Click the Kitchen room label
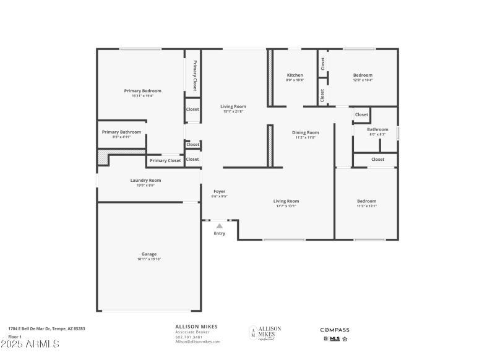click(295, 75)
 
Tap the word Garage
click(149, 254)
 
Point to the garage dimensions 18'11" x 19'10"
click(149, 260)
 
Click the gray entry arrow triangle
click(219, 226)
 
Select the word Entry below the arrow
click(220, 234)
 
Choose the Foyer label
click(220, 191)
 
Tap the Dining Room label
click(306, 132)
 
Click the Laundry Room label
click(145, 180)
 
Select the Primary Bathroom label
click(121, 132)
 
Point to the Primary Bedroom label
click(142, 90)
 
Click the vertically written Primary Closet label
click(194, 75)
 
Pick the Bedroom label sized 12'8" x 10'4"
click(363, 75)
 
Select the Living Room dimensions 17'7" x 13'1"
click(286, 206)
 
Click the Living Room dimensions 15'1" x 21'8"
click(233, 111)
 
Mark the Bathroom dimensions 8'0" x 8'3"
click(377, 134)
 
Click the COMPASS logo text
click(335, 330)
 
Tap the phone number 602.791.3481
click(188, 337)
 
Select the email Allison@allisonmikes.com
click(197, 341)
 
